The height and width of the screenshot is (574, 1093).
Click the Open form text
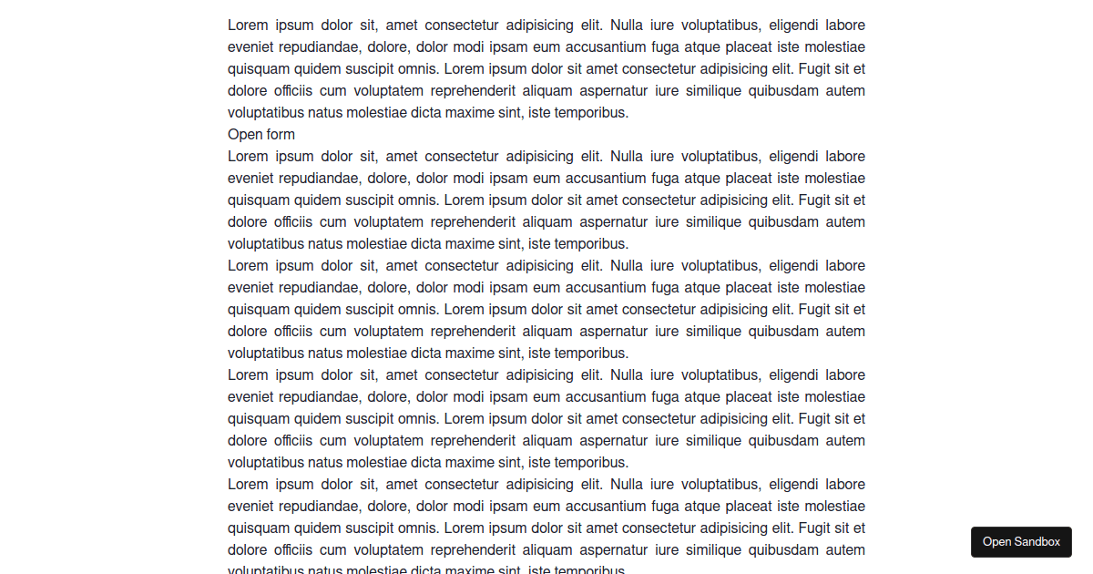(261, 135)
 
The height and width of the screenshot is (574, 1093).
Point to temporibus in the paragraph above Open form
(591, 113)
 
